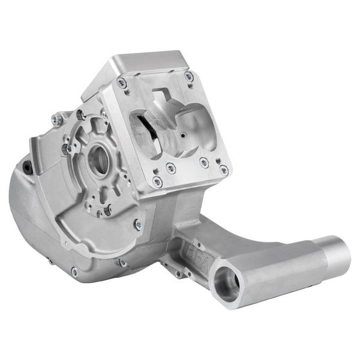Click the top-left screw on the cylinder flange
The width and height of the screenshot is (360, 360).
(x=122, y=83)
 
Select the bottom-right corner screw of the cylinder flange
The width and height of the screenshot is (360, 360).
(x=224, y=170)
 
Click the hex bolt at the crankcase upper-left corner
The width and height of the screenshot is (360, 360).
(x=58, y=119)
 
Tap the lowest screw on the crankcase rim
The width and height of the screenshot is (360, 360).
(x=74, y=272)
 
